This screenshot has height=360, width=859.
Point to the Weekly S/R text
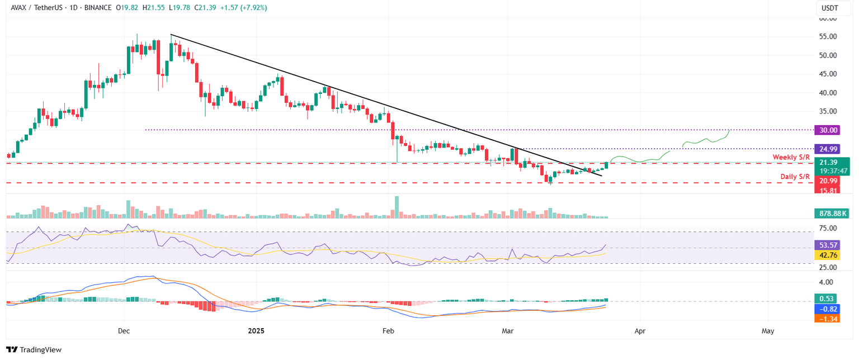click(791, 157)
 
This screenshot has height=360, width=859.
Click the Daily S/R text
click(795, 177)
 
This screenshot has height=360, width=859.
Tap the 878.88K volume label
click(830, 214)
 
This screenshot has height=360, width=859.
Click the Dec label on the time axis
click(124, 331)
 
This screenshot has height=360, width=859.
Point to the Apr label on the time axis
click(640, 331)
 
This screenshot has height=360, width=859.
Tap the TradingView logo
click(34, 349)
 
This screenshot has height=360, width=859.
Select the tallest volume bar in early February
click(397, 207)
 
